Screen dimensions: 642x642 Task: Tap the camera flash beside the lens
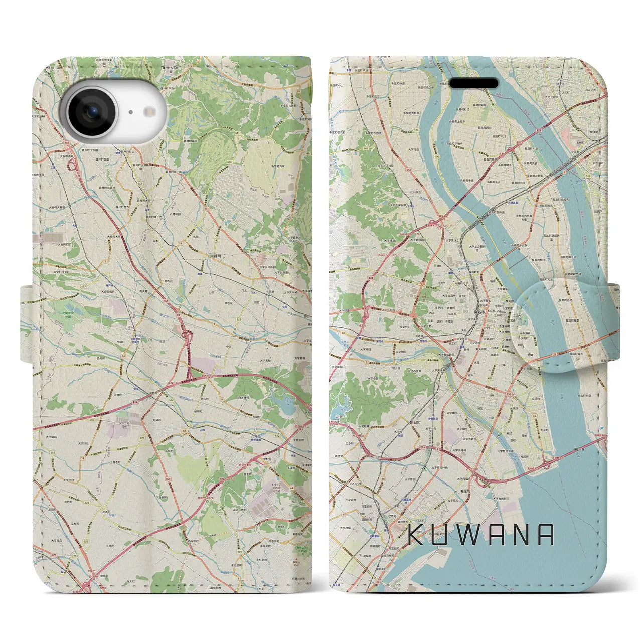click(130, 112)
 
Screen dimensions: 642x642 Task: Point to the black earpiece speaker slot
click(473, 83)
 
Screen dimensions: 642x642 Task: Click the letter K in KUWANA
click(416, 535)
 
